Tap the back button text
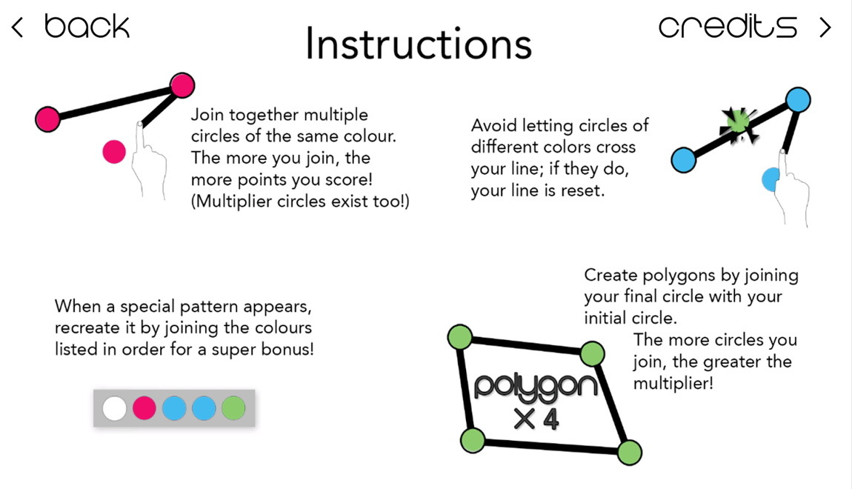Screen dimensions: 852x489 point(87,27)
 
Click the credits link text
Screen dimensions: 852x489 point(728,27)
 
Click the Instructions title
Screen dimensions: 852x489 point(419,44)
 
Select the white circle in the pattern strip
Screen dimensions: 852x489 point(114,408)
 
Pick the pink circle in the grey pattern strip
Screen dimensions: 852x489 point(144,408)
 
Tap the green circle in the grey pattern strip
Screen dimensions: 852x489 point(233,408)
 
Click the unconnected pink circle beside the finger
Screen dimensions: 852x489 point(114,152)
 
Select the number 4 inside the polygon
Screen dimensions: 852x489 point(550,419)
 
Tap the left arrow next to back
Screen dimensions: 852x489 point(17,27)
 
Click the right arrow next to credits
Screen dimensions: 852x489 point(825,27)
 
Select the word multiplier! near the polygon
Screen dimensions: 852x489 point(673,384)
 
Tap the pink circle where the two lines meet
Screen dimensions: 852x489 point(182,85)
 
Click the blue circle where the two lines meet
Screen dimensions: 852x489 point(798,100)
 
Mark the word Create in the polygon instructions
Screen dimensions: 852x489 point(610,275)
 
